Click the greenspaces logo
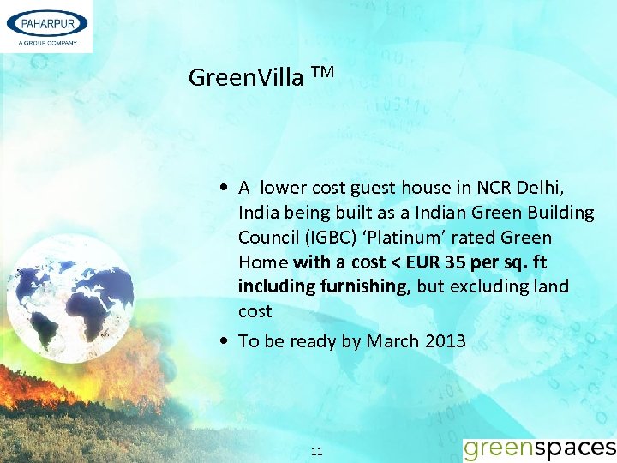pyautogui.click(x=539, y=448)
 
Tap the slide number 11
pyautogui.click(x=316, y=451)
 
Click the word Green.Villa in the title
pyautogui.click(x=246, y=78)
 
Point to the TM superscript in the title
pyautogui.click(x=322, y=72)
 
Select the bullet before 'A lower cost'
pyautogui.click(x=224, y=188)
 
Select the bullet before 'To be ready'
pyautogui.click(x=224, y=341)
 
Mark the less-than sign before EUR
pyautogui.click(x=398, y=262)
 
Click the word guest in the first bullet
pyautogui.click(x=373, y=188)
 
